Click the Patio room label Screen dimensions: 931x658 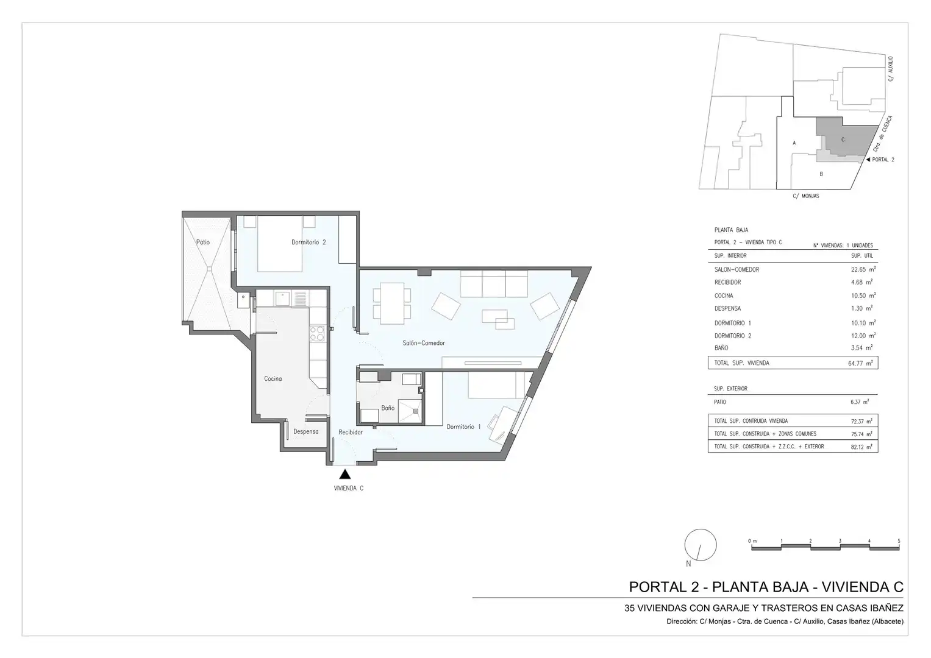[203, 242]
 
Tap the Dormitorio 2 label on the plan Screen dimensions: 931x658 [309, 242]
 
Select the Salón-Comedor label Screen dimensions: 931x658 [424, 343]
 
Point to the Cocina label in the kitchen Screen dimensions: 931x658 [273, 379]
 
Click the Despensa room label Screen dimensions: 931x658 [306, 431]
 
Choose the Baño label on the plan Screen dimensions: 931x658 [388, 408]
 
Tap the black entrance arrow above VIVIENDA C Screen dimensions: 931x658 [345, 474]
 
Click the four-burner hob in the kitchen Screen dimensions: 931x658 [317, 334]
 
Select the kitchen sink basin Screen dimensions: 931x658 [282, 299]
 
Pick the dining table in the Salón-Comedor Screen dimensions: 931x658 [392, 303]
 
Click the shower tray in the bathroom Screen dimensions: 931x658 [410, 411]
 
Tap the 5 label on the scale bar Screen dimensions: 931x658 [899, 541]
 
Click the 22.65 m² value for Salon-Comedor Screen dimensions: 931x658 [863, 269]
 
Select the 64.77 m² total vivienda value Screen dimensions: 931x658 [860, 363]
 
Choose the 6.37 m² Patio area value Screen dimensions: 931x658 [860, 402]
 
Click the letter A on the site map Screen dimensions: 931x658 [794, 143]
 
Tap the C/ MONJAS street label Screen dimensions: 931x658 [806, 196]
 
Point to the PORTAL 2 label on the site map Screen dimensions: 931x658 [883, 160]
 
